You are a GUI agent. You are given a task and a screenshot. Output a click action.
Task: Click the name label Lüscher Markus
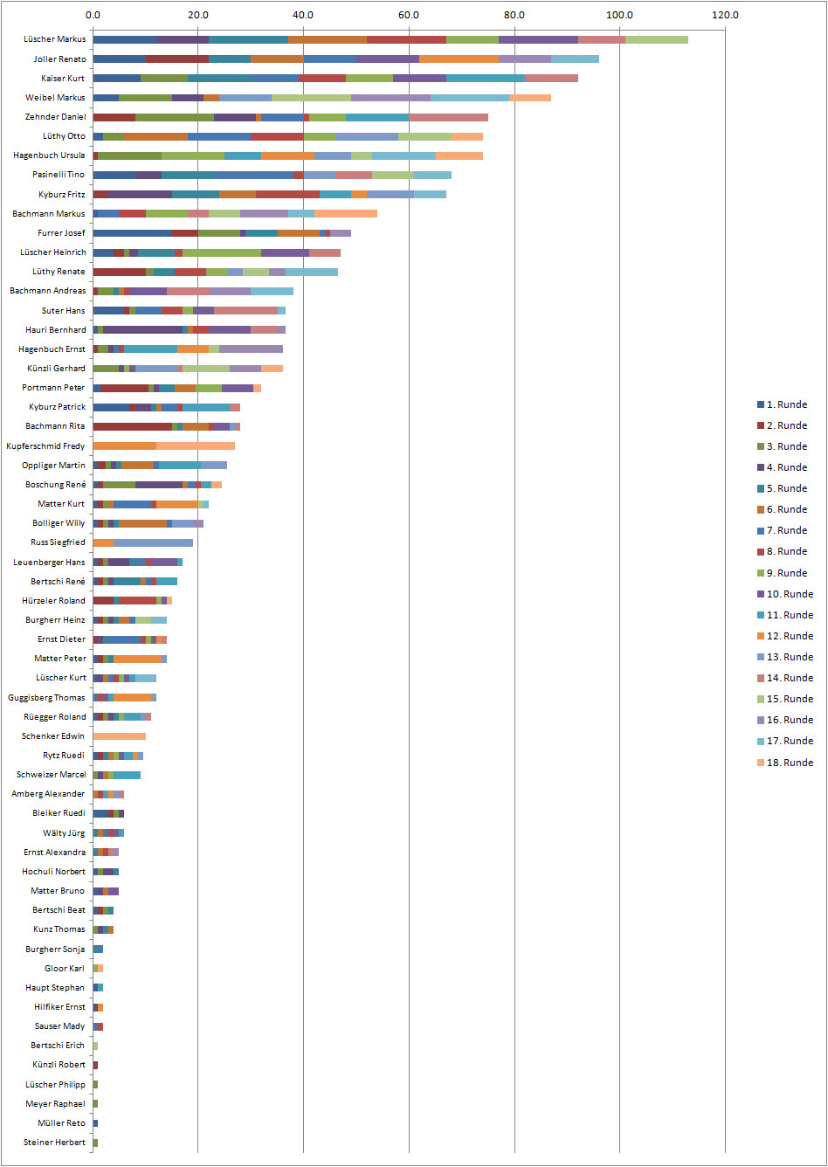click(x=54, y=39)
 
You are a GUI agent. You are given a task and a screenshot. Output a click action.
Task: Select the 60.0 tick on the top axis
click(x=409, y=15)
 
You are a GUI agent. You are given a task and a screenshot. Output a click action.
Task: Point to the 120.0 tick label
click(x=725, y=15)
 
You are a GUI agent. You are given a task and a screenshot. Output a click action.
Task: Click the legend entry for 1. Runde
click(x=783, y=404)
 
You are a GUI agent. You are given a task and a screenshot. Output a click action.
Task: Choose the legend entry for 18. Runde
click(x=785, y=763)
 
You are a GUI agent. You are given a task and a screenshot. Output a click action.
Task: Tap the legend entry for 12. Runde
click(x=785, y=636)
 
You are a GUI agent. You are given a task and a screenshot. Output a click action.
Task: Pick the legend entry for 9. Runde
click(x=783, y=573)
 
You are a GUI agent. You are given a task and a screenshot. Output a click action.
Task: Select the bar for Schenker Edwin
click(x=120, y=736)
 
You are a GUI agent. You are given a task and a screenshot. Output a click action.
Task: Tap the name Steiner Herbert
click(x=54, y=1143)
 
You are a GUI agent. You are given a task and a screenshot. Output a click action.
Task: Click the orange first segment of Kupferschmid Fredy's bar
click(x=125, y=445)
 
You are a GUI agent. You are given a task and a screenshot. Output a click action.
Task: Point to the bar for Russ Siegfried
click(x=143, y=542)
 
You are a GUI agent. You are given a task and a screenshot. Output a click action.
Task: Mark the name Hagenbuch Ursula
click(x=49, y=155)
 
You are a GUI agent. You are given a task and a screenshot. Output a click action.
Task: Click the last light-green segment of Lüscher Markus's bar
click(x=657, y=39)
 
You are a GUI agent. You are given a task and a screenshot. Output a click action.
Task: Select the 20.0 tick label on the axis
click(x=198, y=15)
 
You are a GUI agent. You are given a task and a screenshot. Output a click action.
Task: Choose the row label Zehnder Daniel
click(x=55, y=117)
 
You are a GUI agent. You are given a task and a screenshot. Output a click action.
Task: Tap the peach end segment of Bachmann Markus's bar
click(x=346, y=213)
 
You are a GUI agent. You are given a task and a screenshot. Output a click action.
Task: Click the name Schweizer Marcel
click(x=52, y=775)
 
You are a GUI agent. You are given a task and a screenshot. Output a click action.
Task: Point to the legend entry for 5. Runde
click(x=783, y=488)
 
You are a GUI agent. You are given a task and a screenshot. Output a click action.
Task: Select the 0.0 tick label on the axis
click(x=93, y=15)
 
